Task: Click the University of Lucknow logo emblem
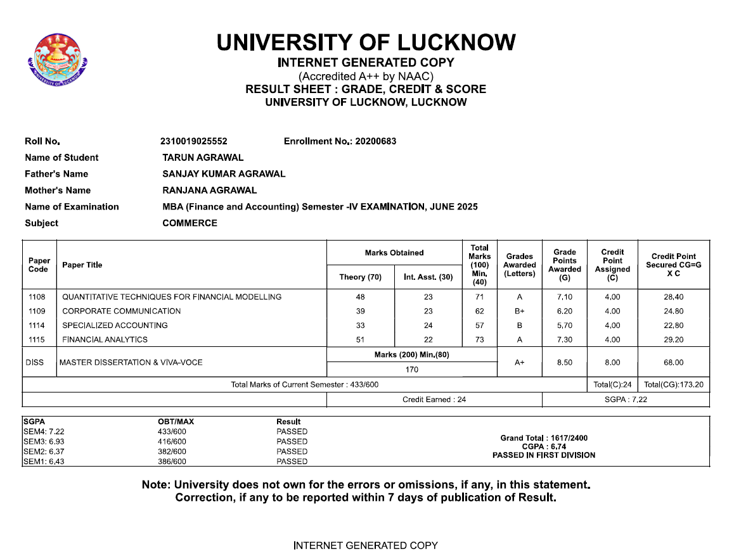(x=57, y=61)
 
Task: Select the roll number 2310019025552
(x=193, y=141)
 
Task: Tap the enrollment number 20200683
(x=375, y=141)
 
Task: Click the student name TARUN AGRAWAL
(x=203, y=158)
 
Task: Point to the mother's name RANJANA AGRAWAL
(x=209, y=191)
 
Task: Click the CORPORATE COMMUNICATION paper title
(x=121, y=311)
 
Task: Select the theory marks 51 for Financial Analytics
(x=361, y=340)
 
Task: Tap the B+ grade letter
(x=519, y=311)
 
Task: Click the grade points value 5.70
(x=564, y=325)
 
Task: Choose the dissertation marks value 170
(x=411, y=370)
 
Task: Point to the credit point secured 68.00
(x=674, y=363)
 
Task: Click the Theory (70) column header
(x=361, y=277)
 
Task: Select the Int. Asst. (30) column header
(x=428, y=277)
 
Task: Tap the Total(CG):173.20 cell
(x=674, y=385)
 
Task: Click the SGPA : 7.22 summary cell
(x=626, y=399)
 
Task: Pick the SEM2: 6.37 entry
(x=43, y=452)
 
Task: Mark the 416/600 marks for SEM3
(x=172, y=442)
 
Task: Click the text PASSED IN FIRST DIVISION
(x=544, y=455)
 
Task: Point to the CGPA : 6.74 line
(x=544, y=446)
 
